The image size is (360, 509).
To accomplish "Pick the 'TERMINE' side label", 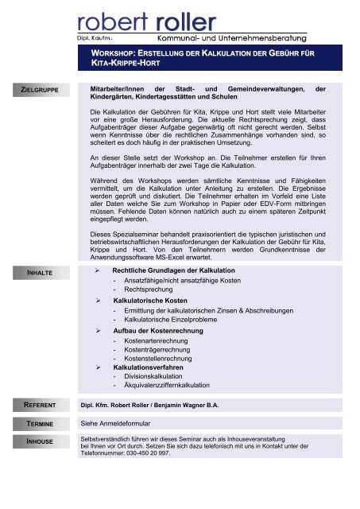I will click(x=39, y=425).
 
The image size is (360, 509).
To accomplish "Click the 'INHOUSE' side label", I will click(x=39, y=440).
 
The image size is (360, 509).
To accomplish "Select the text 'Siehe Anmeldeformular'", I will click(x=122, y=425).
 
